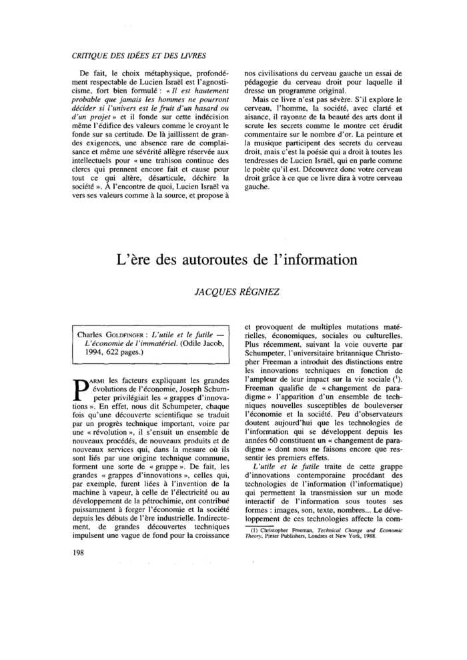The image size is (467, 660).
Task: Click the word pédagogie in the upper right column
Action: tap(261, 82)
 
